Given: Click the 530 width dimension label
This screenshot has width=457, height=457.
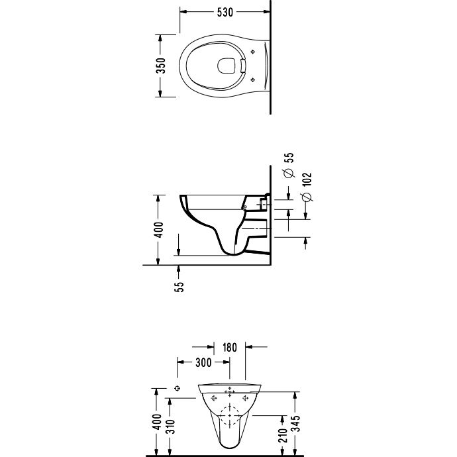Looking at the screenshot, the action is (225, 12).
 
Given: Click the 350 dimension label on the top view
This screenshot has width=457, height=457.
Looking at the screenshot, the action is (161, 66).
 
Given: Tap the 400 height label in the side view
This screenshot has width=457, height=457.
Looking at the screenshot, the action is (160, 230).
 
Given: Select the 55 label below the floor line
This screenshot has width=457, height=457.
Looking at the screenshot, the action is (180, 287).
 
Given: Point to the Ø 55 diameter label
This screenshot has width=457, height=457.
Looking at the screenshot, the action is (289, 165).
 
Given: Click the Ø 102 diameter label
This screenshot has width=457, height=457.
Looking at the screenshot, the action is (307, 187).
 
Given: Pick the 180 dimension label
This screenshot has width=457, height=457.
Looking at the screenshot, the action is (230, 348).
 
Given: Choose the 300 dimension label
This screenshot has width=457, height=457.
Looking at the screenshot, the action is (203, 362).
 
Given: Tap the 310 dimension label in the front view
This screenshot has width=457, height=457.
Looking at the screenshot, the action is (170, 427).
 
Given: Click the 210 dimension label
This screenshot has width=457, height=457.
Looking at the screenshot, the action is (283, 435).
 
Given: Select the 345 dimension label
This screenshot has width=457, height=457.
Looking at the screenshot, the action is (295, 423).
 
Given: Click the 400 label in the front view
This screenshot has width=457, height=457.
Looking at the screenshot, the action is (158, 421).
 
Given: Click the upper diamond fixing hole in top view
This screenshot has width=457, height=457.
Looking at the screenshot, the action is (253, 52).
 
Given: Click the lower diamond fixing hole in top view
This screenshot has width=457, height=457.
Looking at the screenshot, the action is (253, 79).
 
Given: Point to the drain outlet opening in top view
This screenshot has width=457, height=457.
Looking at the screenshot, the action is (226, 66).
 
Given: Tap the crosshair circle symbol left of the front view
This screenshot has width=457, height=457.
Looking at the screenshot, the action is (178, 388).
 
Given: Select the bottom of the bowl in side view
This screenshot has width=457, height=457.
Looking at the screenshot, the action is (233, 254).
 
